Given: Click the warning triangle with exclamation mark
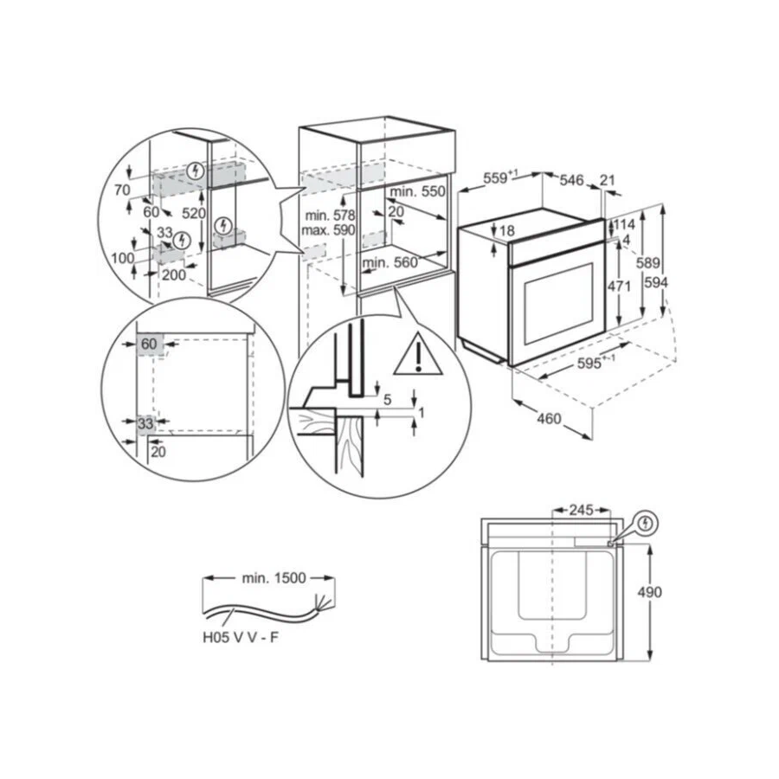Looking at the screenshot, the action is (x=418, y=353).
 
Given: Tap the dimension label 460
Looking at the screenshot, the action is (x=549, y=419).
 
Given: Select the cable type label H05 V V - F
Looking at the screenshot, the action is (x=241, y=637).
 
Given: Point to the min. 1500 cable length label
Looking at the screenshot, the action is (x=274, y=578).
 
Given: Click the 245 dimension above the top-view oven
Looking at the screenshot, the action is (x=582, y=510).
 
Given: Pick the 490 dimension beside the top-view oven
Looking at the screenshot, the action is (x=650, y=592).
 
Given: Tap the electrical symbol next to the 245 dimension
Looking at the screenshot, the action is (x=645, y=524).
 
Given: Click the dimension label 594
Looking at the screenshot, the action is (x=656, y=283).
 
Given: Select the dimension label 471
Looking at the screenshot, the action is (x=619, y=286).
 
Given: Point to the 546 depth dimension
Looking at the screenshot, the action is (x=572, y=180).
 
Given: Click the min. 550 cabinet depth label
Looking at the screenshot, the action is (x=417, y=191).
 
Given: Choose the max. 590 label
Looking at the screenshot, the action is (x=328, y=230).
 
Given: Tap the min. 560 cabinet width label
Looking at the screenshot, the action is (x=390, y=262).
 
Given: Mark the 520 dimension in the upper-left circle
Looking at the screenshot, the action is (x=194, y=214).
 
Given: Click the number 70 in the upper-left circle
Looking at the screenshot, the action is (x=122, y=190).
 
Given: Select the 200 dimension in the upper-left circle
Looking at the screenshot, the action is (x=174, y=274).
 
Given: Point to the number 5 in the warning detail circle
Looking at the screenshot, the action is (x=388, y=399).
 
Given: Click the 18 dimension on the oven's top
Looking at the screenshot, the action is (x=507, y=230).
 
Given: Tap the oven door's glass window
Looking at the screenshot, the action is (x=558, y=303).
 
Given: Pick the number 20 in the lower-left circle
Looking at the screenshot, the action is (x=158, y=452).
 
